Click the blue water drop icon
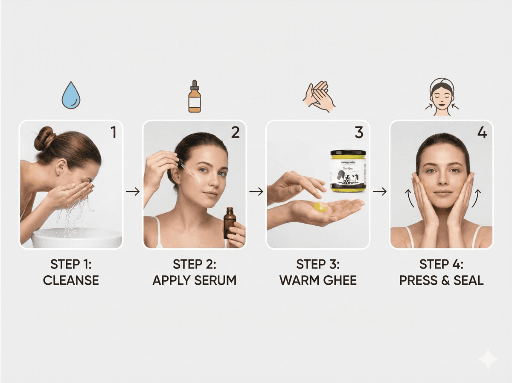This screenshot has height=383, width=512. pos(71,97)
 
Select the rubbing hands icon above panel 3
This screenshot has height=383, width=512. pos(319,97)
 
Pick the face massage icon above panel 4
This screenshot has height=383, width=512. pos(442,97)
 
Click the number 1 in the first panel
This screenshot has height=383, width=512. pos(113,133)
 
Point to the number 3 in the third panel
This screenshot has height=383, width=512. pos(359,133)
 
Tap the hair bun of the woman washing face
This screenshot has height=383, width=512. pos(44,138)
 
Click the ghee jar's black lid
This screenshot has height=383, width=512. pos(348,153)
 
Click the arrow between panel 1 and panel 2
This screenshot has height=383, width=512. pos(133,191)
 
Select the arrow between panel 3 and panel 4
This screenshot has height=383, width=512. pos(379,191)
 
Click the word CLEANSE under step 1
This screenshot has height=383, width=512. pos(71,280)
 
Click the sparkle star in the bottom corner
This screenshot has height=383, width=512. pos(488,359)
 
